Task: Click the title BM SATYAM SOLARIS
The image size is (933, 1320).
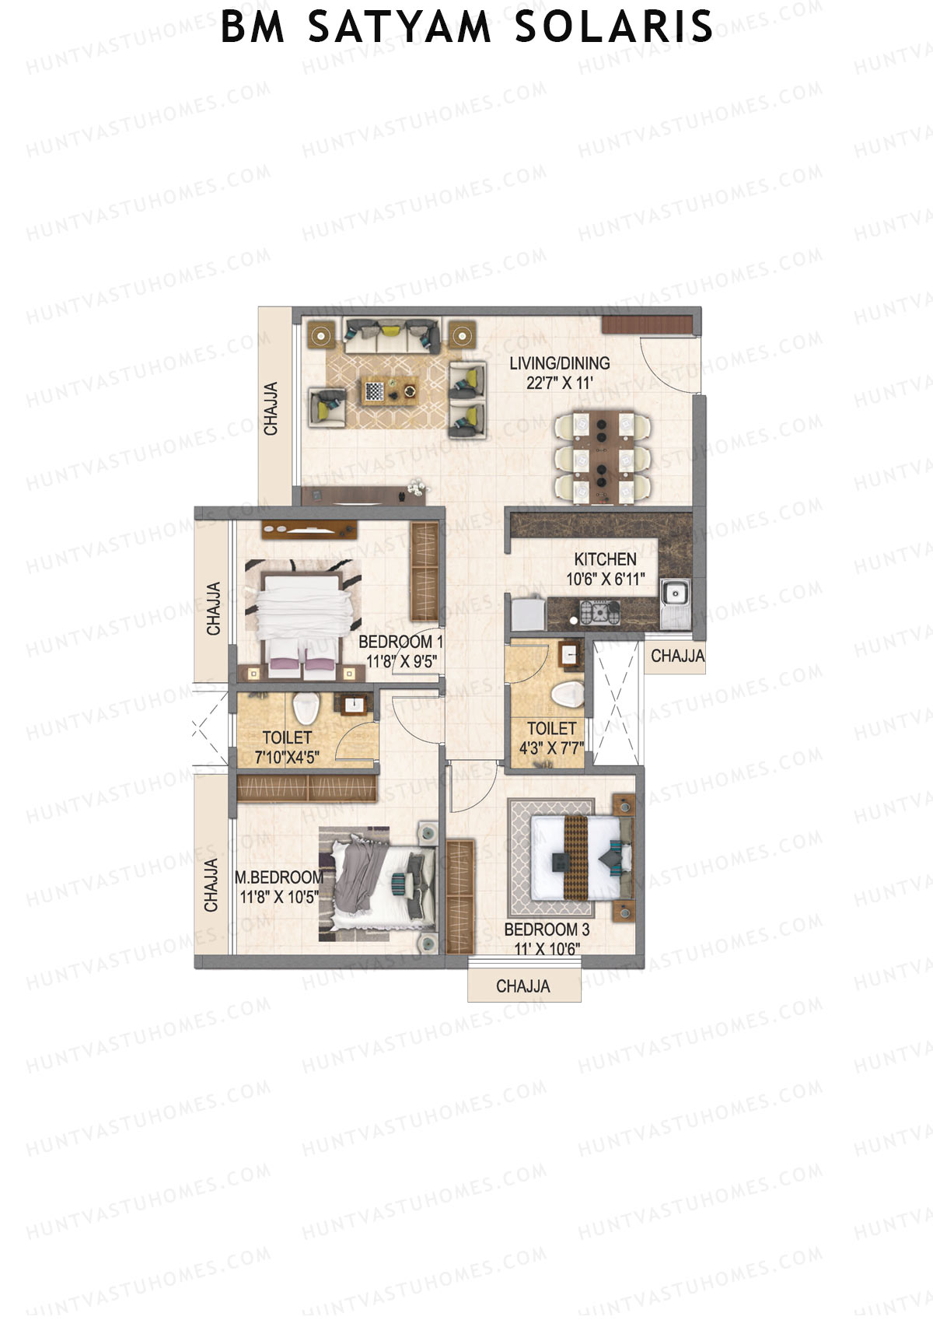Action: coord(466,27)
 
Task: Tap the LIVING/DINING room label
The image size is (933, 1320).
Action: coord(559,362)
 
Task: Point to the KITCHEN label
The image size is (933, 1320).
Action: coord(605,559)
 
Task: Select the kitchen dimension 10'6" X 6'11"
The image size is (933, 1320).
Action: coord(606,579)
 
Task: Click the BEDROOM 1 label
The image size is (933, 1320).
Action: coord(400,642)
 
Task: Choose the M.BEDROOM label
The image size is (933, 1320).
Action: coord(279,877)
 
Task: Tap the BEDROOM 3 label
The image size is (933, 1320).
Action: coord(547,930)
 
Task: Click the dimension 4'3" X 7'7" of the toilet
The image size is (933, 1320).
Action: coord(550,749)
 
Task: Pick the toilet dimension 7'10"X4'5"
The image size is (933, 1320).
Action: coord(286,757)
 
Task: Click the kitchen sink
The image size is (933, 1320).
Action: coord(673,596)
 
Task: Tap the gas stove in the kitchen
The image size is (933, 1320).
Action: coord(601,613)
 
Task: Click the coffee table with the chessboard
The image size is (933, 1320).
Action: coord(390,390)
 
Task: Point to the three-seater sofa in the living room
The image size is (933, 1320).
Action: coord(392,334)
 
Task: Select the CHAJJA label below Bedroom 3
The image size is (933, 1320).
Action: coord(523,986)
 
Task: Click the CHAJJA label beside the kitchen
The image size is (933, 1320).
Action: coord(677,656)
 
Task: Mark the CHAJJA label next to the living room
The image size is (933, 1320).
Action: coord(271,409)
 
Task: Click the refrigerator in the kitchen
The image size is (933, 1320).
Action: coord(526,613)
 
